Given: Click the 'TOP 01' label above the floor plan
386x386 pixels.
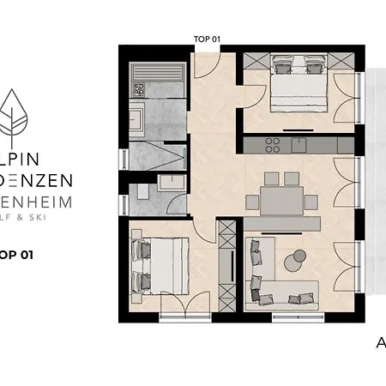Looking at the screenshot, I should click(x=208, y=39).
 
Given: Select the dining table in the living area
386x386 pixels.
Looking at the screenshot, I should click(x=278, y=202).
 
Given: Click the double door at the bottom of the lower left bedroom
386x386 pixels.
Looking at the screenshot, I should click(x=185, y=305).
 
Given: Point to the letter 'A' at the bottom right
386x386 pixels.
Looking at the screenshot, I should click(x=381, y=344).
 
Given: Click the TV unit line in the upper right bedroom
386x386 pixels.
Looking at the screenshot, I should click(x=299, y=128).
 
